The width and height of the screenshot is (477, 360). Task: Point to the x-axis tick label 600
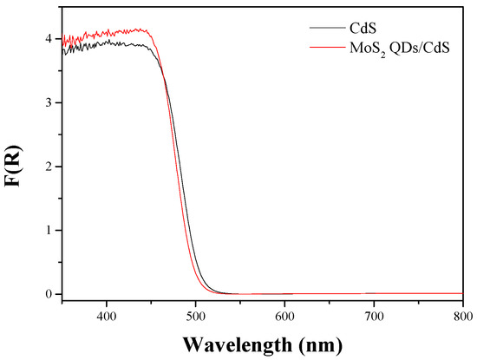click(x=284, y=317)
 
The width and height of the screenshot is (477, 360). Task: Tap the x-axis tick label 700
click(x=374, y=317)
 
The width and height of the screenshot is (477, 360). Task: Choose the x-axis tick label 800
click(x=462, y=317)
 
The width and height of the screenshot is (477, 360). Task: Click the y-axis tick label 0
click(x=50, y=294)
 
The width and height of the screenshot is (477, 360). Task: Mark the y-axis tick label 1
click(x=50, y=230)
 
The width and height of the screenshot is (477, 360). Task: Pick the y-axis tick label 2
click(x=50, y=167)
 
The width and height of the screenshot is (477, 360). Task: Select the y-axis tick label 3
click(x=50, y=102)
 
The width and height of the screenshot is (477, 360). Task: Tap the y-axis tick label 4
click(x=50, y=39)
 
